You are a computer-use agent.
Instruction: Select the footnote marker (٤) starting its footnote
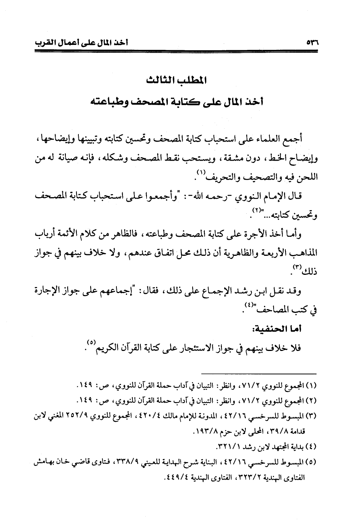coord(313,445)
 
